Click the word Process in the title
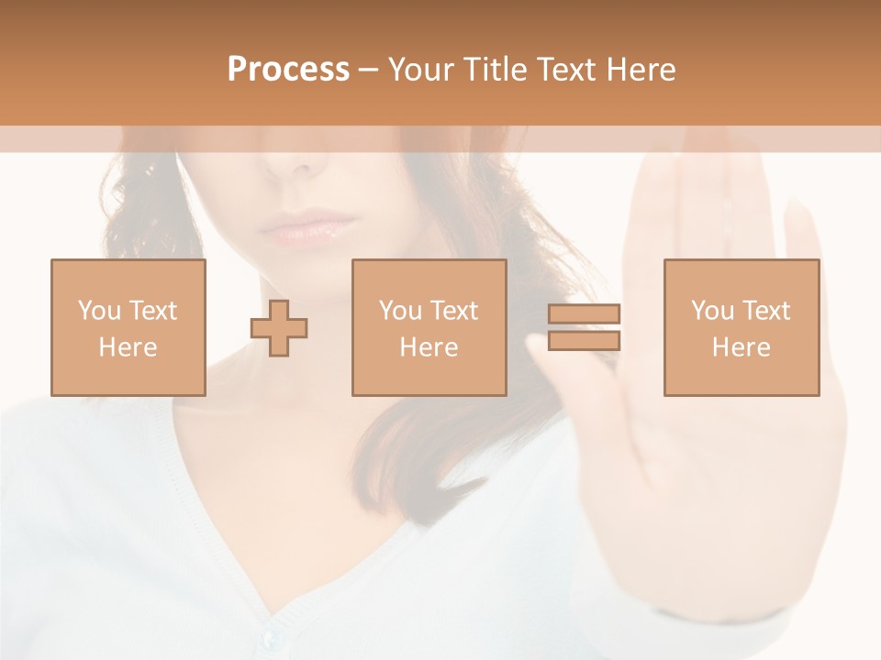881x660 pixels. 288,70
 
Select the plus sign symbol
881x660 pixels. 279,327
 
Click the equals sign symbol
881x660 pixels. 584,327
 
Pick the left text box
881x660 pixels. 128,327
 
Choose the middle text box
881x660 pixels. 429,327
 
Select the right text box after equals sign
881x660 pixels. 742,327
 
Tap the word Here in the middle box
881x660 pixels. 429,347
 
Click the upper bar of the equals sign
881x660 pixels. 584,314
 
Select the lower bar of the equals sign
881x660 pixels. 584,340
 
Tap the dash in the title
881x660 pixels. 369,70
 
